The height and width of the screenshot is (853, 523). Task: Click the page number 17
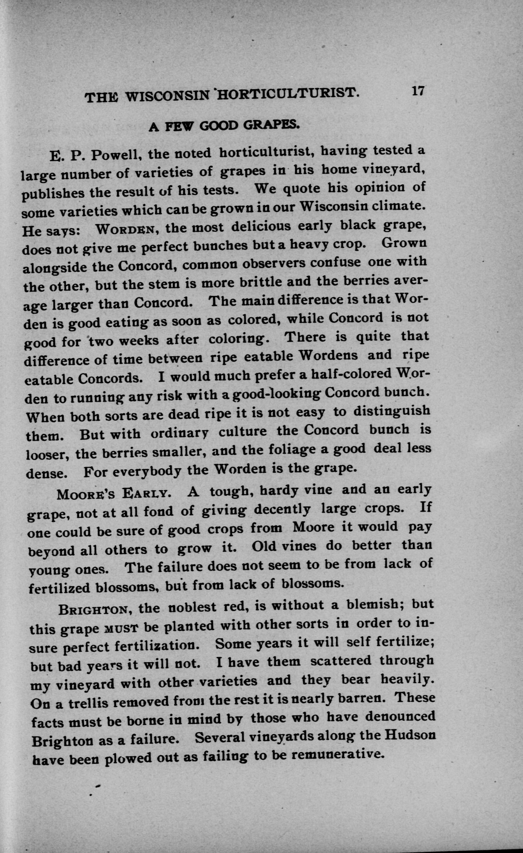(418, 91)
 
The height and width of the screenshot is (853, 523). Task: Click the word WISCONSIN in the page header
(168, 96)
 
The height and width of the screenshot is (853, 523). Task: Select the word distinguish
(392, 412)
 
